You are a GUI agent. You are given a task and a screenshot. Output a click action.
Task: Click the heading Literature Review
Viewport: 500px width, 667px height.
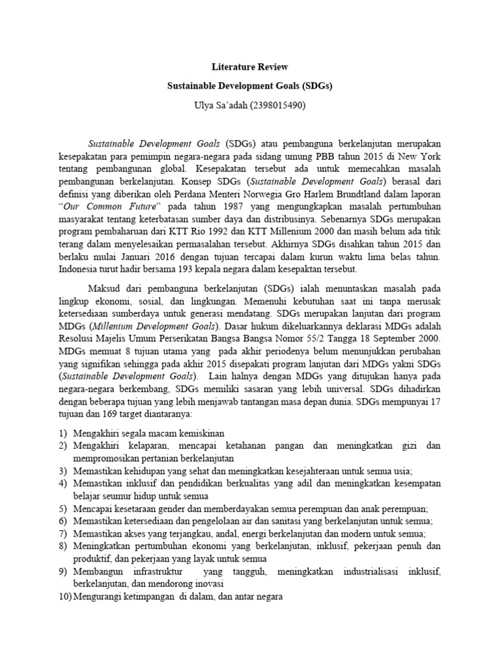click(x=250, y=67)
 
